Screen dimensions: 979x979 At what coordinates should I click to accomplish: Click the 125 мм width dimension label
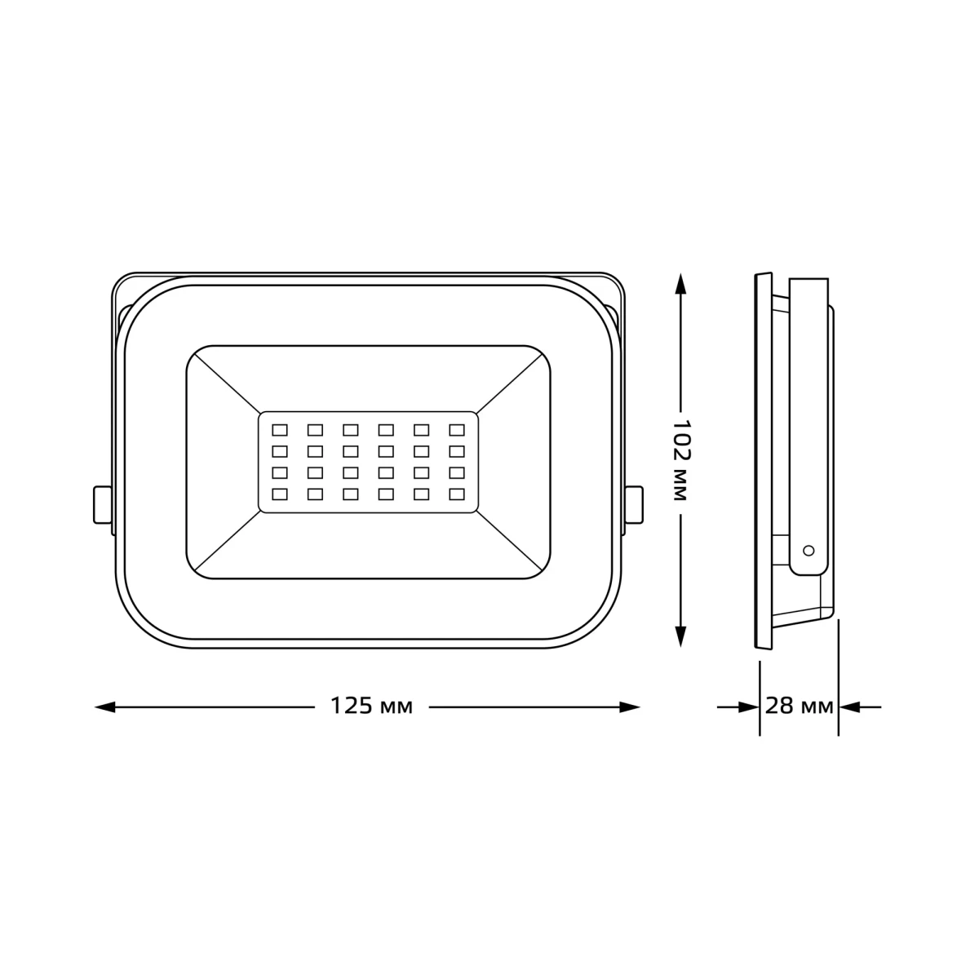point(371,707)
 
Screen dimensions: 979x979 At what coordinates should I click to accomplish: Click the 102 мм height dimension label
point(680,460)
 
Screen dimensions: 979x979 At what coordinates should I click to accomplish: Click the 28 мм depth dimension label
point(799,707)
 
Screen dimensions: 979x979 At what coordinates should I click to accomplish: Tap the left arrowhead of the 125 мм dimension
point(105,707)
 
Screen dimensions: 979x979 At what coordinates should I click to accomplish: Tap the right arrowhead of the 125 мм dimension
point(629,707)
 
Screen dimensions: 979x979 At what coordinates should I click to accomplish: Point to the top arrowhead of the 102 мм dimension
point(680,283)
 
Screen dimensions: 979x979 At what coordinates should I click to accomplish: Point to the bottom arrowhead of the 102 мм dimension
point(680,636)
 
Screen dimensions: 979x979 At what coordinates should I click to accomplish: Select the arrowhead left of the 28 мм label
point(749,707)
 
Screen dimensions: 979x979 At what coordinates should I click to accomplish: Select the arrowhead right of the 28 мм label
point(849,707)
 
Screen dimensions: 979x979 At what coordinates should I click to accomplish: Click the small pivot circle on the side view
point(808,550)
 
